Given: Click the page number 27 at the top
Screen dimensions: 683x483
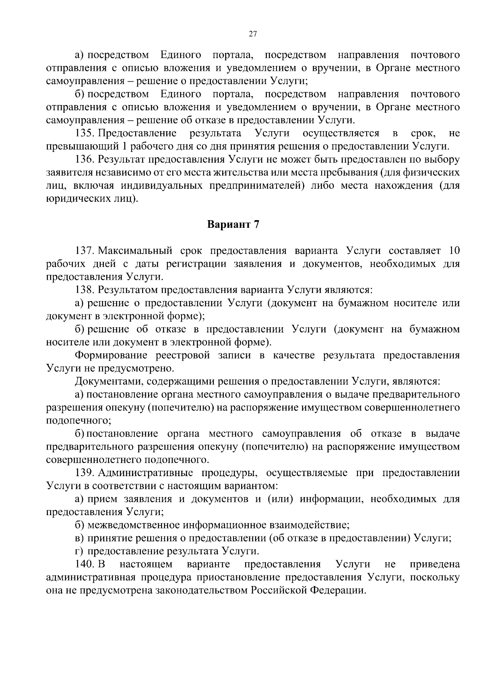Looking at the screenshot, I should coord(253,34).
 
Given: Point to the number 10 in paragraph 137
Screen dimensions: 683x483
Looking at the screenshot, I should coord(454,251).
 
